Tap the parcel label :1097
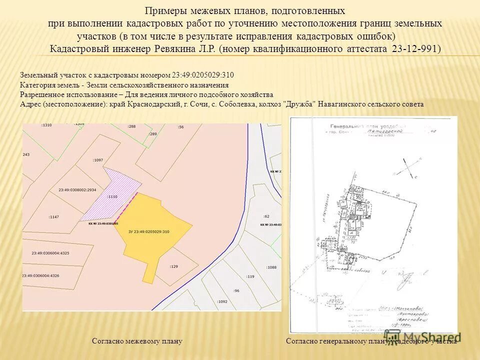(x=97, y=160)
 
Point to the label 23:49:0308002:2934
(x=77, y=190)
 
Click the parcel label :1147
(x=54, y=217)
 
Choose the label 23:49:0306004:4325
(x=50, y=253)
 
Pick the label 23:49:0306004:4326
(x=40, y=275)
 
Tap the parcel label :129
(x=173, y=266)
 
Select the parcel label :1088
(x=271, y=267)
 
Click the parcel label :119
(x=250, y=276)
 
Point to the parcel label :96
(x=236, y=290)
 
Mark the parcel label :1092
(x=222, y=301)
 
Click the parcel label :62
(x=266, y=216)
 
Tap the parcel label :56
(x=180, y=127)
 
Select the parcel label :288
(x=131, y=126)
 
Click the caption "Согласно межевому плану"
(x=137, y=341)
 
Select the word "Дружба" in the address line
(x=299, y=104)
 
